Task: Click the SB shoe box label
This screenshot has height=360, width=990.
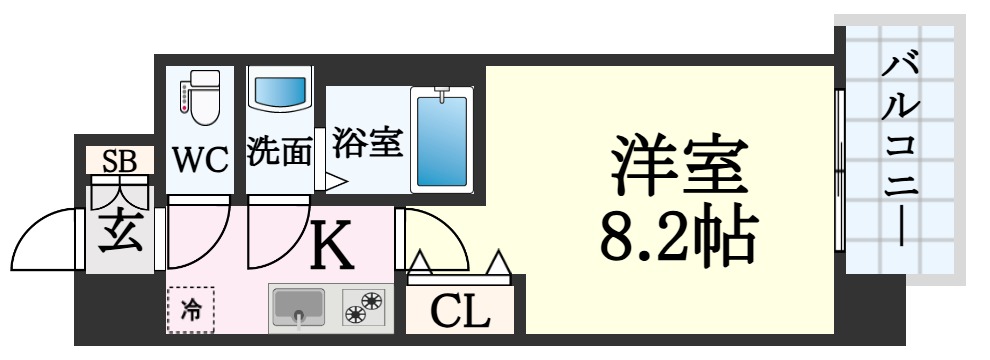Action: coord(119,160)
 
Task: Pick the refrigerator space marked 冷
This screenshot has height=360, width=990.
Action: coord(190,310)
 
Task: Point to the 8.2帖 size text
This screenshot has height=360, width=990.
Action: coord(677,233)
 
